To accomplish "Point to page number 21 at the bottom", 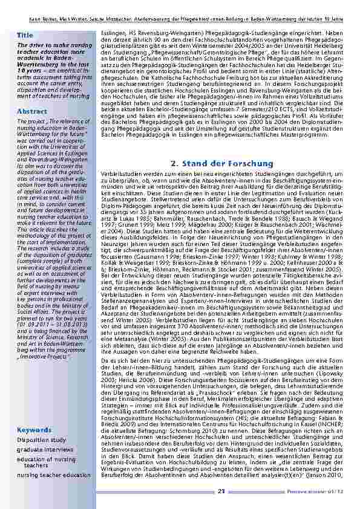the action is pos(221,491).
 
